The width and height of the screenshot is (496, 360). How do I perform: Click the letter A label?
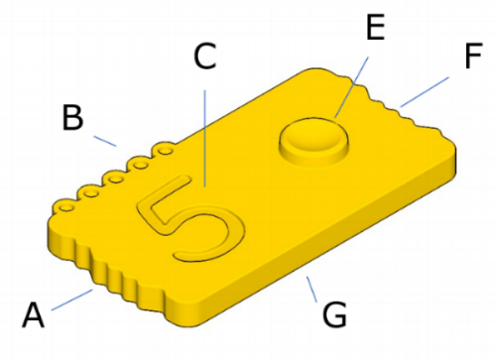coord(33,314)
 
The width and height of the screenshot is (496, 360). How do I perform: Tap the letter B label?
coord(72,117)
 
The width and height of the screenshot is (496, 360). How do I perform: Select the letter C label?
coord(205,57)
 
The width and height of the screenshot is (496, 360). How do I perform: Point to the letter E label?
coord(375,28)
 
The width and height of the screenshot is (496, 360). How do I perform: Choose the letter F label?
coord(473,56)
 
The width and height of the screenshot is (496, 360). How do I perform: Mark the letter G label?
coord(334,314)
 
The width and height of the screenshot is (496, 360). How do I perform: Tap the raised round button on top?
coord(313,142)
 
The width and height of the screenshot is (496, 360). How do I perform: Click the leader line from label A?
coord(72,300)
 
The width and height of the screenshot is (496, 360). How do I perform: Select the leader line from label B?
coord(105,141)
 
